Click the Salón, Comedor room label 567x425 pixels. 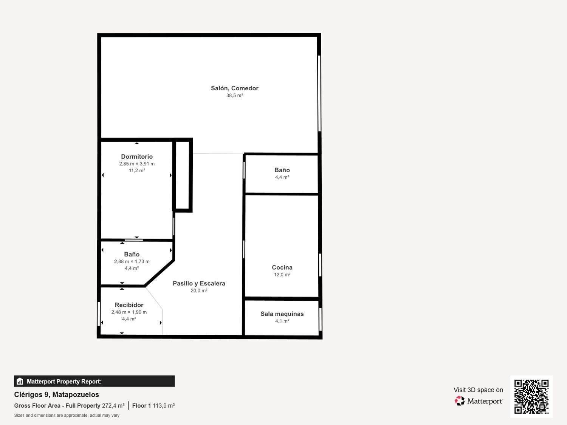[234, 88]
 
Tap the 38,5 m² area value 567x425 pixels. [234, 96]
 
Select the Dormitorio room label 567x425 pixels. [137, 156]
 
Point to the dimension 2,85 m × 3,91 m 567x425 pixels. [137, 164]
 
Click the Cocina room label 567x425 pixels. [282, 267]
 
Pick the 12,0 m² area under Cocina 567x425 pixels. [282, 275]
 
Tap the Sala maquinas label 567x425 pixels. [282, 314]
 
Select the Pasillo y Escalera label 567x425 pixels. [199, 283]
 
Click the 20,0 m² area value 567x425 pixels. [199, 291]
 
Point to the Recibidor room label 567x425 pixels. [129, 305]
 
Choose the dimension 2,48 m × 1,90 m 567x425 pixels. [129, 312]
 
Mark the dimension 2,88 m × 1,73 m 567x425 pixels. [132, 261]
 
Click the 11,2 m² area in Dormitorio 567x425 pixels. [137, 171]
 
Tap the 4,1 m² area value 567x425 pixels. [282, 321]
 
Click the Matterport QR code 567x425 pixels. [531, 396]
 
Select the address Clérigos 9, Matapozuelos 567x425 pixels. [57, 394]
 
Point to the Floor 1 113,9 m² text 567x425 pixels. [153, 406]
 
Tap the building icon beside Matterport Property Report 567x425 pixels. [20, 381]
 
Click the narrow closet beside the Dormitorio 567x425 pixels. [183, 175]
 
